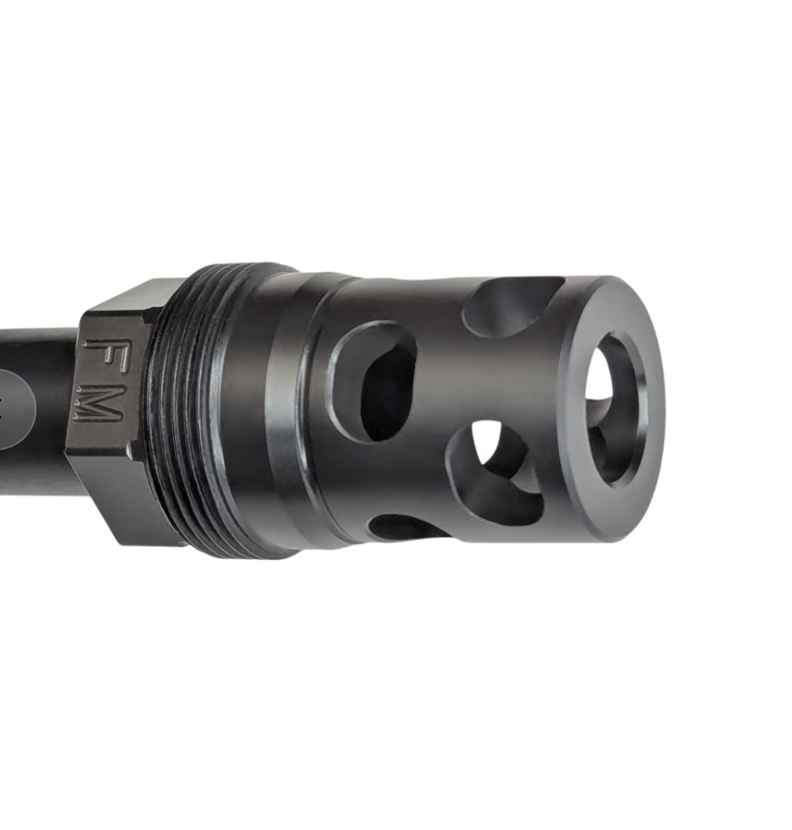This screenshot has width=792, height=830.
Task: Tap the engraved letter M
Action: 98,403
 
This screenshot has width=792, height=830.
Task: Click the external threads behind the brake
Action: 188,410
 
